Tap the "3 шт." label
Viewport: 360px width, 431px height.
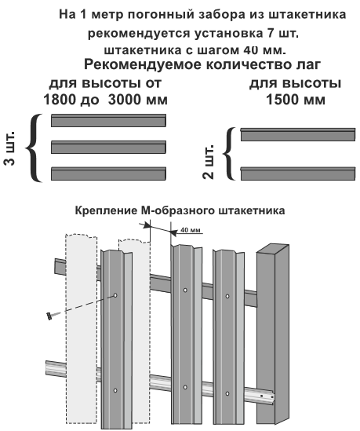tap(9, 148)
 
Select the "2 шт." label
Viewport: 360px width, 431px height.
tap(208, 162)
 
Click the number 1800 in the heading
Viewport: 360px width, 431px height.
tap(60, 100)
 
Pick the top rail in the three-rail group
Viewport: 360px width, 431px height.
tap(108, 120)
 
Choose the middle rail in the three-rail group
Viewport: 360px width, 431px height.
tap(108, 147)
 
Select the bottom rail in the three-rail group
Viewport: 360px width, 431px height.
tap(108, 173)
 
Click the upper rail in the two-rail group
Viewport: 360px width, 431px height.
tap(298, 134)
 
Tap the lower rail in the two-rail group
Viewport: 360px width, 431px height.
tap(298, 173)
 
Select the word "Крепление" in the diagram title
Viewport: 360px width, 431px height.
tap(106, 211)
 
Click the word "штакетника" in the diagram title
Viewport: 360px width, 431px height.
tap(252, 211)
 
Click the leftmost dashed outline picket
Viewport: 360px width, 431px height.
tap(81, 328)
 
